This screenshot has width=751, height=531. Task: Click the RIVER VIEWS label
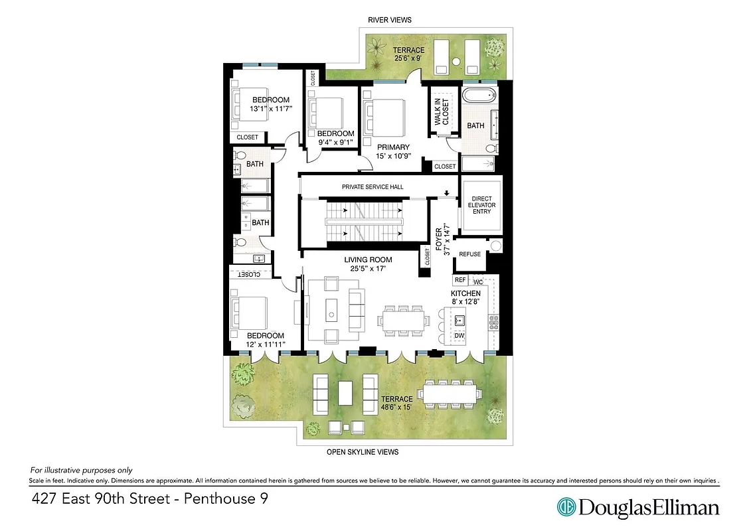tap(390, 20)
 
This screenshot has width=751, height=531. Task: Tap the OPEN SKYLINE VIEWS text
tap(363, 452)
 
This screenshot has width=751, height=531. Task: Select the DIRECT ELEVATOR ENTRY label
tap(483, 205)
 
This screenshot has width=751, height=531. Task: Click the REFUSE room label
tap(470, 254)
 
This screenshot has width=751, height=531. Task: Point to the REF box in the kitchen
tap(460, 280)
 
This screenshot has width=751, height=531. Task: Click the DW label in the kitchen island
tap(459, 336)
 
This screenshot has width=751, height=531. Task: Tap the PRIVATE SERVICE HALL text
tap(373, 187)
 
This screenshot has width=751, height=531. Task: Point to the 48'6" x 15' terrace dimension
tap(401, 408)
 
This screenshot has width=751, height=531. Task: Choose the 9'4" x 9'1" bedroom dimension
tap(335, 142)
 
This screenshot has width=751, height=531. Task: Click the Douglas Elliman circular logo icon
tap(566, 508)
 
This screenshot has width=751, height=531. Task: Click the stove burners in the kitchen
tap(493, 322)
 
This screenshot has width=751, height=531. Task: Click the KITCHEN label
tap(465, 293)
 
